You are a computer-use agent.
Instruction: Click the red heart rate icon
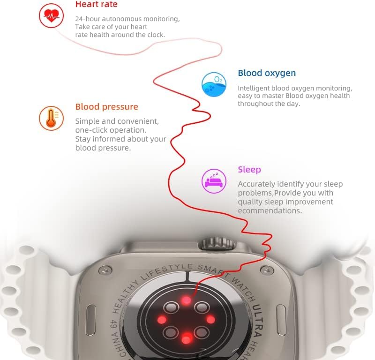coord(51,16)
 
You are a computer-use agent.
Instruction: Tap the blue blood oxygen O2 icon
coord(214,85)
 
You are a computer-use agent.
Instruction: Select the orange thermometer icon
coord(51,118)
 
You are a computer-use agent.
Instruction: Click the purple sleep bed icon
coord(214,180)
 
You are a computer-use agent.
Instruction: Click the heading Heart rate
coord(96,5)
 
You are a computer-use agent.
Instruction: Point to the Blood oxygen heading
coord(267,73)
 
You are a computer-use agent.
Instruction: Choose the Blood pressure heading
coord(107,107)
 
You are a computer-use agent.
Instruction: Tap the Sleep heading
coord(249,170)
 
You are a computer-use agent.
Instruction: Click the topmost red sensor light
coord(187,300)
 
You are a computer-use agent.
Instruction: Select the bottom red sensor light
coord(187,338)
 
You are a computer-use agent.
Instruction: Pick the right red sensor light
coord(211,319)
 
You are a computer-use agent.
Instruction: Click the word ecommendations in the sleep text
coord(270,211)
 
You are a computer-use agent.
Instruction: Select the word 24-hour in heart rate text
coord(87,19)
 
